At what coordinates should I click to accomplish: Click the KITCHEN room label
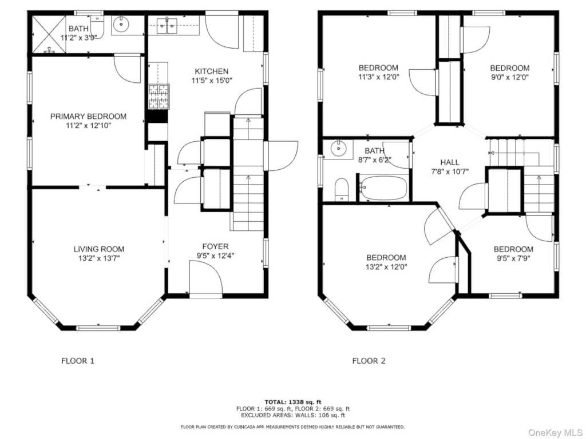click(x=211, y=71)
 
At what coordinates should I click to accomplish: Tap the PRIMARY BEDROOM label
click(x=88, y=117)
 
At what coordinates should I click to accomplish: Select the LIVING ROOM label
click(x=98, y=249)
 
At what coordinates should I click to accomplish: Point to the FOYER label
click(x=215, y=246)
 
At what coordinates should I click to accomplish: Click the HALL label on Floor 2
click(x=450, y=162)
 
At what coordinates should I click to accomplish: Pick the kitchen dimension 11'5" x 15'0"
click(x=212, y=81)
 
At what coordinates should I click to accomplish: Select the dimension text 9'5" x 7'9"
click(x=513, y=258)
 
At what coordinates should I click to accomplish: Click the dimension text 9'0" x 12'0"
click(x=510, y=77)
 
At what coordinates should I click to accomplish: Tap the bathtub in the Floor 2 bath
click(x=383, y=187)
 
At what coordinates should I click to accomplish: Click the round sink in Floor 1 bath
click(x=121, y=25)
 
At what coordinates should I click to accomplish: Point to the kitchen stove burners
click(x=159, y=97)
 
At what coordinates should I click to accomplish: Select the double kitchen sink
click(x=167, y=25)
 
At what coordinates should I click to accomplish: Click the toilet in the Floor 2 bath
click(x=341, y=190)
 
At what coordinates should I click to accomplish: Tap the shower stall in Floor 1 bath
click(x=49, y=34)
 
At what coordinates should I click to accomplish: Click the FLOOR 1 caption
click(x=78, y=361)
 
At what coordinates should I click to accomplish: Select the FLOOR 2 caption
click(x=369, y=361)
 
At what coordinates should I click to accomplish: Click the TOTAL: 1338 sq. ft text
click(x=293, y=402)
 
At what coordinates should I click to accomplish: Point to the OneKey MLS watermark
click(x=555, y=432)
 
